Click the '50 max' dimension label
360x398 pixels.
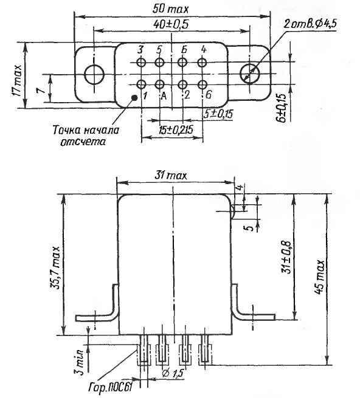[x=170, y=9]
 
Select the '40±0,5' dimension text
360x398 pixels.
[x=171, y=24]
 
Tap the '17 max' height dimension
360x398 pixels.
[x=17, y=80]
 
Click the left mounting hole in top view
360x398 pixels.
[x=94, y=74]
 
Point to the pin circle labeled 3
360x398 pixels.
[x=140, y=62]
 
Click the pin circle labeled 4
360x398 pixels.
[x=202, y=62]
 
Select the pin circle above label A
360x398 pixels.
[x=160, y=84]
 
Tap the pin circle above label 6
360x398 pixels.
[x=202, y=84]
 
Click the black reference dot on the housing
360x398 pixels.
[x=134, y=97]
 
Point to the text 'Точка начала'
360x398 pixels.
[x=86, y=130]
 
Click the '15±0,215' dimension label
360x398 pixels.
[x=176, y=129]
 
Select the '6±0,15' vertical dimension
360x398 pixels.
[x=282, y=108]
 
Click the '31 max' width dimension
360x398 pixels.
[x=171, y=176]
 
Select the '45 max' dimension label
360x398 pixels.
[x=320, y=276]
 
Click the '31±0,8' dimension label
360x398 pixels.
[x=286, y=256]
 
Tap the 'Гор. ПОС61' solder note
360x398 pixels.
[x=111, y=387]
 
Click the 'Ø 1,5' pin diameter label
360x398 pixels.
[x=173, y=373]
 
